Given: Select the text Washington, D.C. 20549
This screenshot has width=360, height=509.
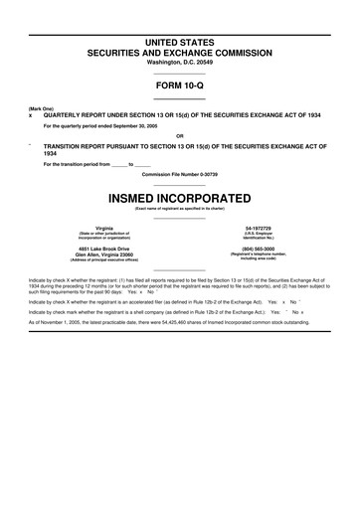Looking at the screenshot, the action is click(x=180, y=62).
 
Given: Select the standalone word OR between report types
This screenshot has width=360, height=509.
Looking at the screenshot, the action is click(x=180, y=135).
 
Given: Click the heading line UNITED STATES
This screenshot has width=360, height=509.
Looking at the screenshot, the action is click(x=180, y=39).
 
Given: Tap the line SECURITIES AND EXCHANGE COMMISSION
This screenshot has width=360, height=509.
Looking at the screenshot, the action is click(x=180, y=51).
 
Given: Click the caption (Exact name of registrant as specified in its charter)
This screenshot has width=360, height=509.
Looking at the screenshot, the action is click(x=180, y=208).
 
